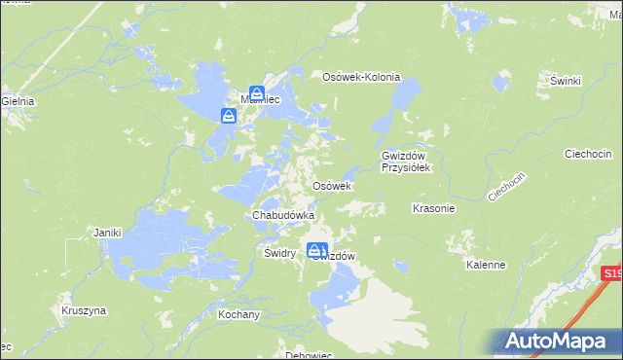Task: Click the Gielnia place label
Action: [x=18, y=100]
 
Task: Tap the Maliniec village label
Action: [x=260, y=99]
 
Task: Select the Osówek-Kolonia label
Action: [x=361, y=77]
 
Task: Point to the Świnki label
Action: [x=565, y=81]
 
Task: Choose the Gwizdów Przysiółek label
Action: [x=406, y=162]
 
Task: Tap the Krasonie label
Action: [x=433, y=208]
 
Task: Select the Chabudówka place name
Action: [x=283, y=214]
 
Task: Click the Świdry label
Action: [x=279, y=252]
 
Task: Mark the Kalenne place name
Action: [x=485, y=264]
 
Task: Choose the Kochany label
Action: [x=238, y=315]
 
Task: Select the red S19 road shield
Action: [x=611, y=275]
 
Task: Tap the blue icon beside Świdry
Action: [x=317, y=251]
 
